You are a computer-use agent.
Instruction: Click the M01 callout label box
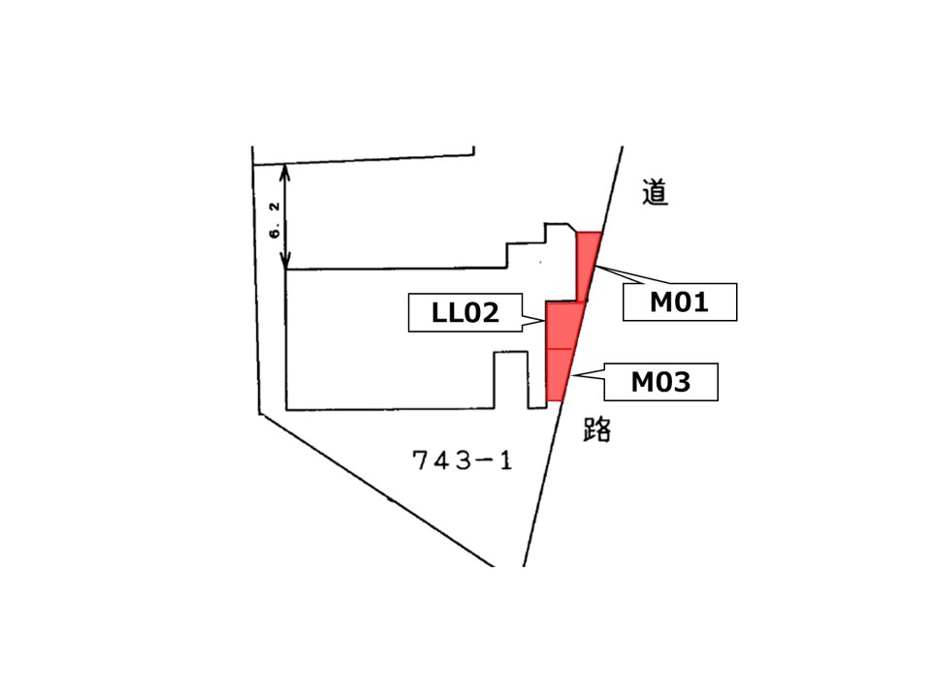coord(679,302)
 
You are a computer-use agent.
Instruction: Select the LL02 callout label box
coord(465,312)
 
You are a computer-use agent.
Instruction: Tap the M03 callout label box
coord(660,382)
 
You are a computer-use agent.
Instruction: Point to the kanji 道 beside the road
coord(655,192)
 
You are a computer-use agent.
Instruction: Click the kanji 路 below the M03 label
coord(597,429)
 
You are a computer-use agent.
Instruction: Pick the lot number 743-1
coord(462,460)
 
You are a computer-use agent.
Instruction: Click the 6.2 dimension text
coord(274,219)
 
